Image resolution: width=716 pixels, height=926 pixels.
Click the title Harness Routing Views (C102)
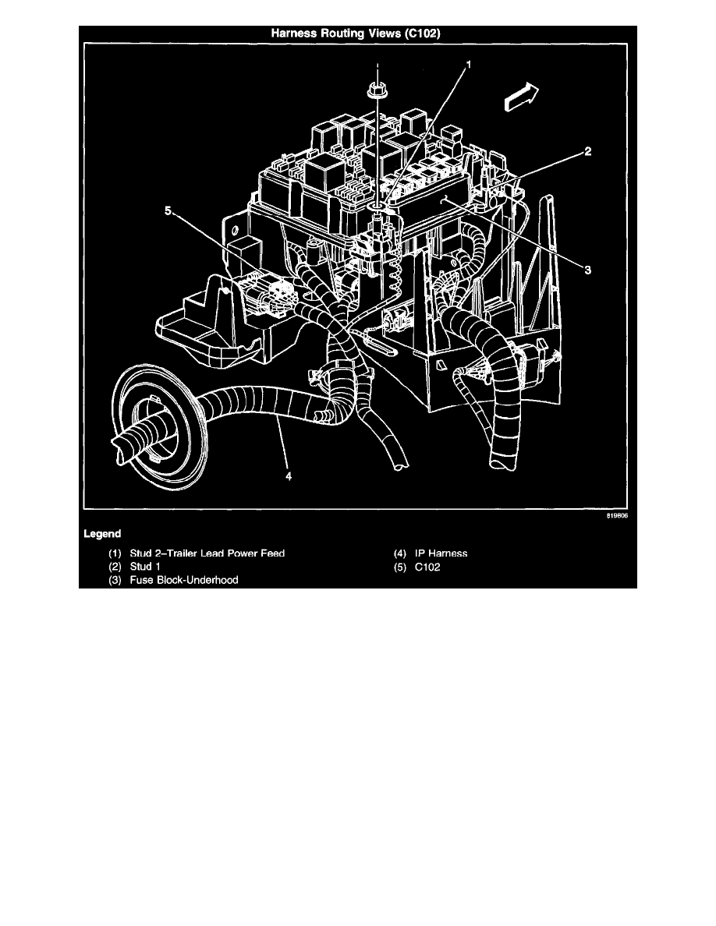(x=359, y=34)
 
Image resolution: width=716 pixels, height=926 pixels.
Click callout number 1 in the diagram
(x=469, y=66)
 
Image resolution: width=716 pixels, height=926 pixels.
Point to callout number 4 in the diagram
(x=288, y=478)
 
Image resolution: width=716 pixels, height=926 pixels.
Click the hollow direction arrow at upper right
(x=519, y=97)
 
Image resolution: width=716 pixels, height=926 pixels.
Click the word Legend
(x=102, y=534)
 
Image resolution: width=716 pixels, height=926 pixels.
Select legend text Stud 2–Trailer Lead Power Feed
(x=207, y=553)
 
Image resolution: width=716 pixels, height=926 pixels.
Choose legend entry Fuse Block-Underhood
(x=184, y=580)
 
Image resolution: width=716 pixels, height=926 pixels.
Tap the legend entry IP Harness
(x=441, y=553)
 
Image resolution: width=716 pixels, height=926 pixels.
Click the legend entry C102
(x=427, y=567)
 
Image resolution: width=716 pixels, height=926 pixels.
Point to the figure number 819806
(x=617, y=516)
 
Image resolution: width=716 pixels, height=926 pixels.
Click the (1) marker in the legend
(x=115, y=553)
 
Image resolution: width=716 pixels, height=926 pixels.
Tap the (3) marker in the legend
(x=115, y=580)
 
